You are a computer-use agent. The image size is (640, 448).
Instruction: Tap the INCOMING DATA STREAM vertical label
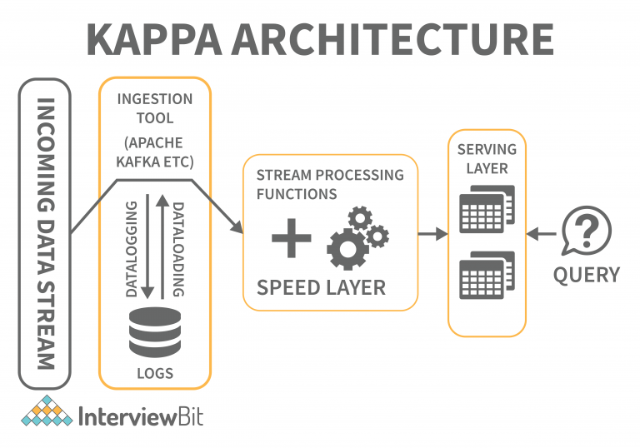[46, 234]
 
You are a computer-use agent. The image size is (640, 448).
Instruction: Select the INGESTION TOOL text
[154, 108]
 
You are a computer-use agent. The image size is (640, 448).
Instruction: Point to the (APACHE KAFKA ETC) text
[154, 151]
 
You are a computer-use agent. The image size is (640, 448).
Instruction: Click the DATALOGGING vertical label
[130, 248]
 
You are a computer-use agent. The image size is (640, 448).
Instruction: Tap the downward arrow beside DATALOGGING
[147, 246]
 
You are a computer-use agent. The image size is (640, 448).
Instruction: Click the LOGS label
[155, 373]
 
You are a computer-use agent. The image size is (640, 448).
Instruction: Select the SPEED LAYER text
[321, 287]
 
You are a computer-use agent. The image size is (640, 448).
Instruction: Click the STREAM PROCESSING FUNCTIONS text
[329, 184]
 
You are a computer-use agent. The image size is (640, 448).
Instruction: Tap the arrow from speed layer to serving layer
[432, 235]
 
